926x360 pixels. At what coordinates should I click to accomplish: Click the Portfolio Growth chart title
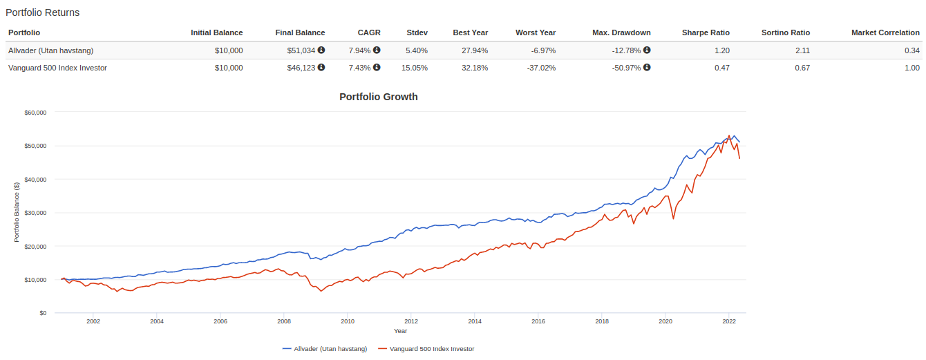coord(378,97)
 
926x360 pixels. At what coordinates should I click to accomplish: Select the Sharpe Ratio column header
coord(706,32)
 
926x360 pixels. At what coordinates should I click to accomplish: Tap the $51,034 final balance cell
coord(301,50)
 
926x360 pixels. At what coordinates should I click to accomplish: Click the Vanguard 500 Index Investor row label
coord(57,68)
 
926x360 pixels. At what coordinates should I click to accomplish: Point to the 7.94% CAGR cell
coord(361,50)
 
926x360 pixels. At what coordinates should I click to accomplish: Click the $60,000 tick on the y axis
coord(35,112)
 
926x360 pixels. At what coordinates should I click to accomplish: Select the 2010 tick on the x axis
coord(348,321)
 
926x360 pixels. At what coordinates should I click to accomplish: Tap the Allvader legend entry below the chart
coord(325,349)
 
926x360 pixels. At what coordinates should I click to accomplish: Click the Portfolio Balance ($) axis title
coord(17,212)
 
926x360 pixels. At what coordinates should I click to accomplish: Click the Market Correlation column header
coord(885,32)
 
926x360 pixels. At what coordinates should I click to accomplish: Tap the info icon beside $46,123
coord(321,68)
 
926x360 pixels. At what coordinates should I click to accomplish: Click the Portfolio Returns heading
coord(42,12)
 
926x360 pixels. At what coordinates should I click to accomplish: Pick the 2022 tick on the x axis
coord(729,321)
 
